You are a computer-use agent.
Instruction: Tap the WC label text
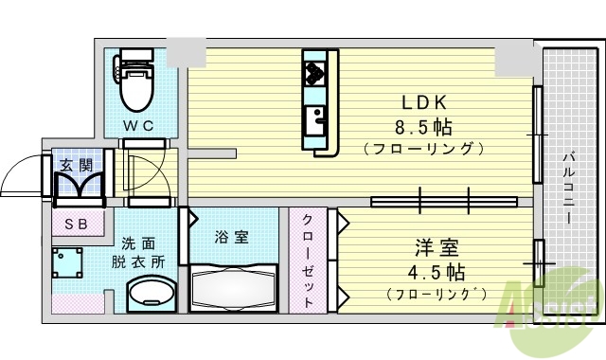137,124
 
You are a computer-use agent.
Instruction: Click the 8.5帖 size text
421,126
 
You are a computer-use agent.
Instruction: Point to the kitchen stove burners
315,70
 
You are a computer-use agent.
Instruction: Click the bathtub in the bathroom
233,286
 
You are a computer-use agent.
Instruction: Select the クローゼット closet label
309,259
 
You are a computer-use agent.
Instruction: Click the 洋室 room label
437,249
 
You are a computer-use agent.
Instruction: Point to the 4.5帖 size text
437,273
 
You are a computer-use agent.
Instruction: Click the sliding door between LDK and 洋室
443,201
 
